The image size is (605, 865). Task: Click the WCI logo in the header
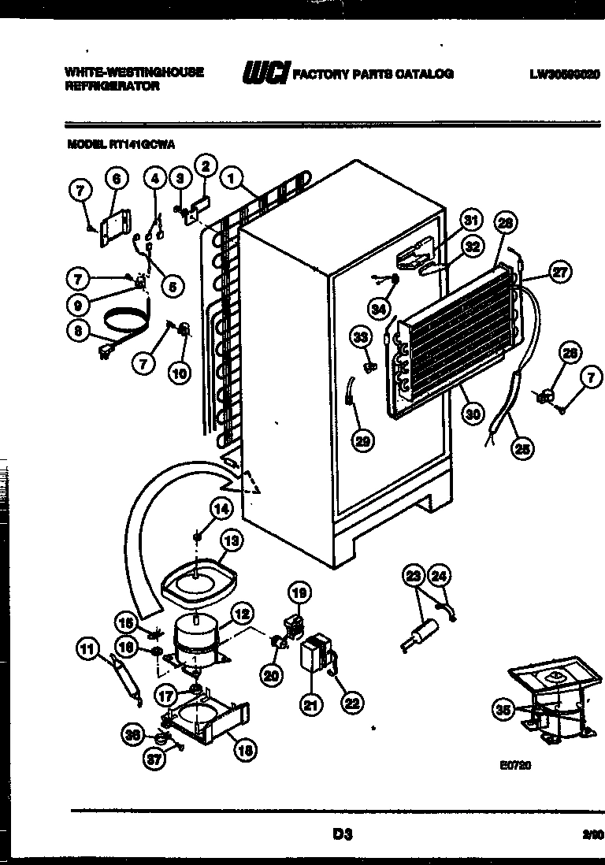266,73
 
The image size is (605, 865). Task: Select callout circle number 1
232,180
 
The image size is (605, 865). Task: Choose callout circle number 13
231,541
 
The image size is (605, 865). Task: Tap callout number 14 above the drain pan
222,510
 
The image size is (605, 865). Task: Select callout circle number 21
310,707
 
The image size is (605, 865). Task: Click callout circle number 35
503,710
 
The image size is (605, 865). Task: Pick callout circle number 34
380,310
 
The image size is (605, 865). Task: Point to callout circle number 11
89,650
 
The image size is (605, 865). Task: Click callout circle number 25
521,450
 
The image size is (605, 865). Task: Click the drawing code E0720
515,763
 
